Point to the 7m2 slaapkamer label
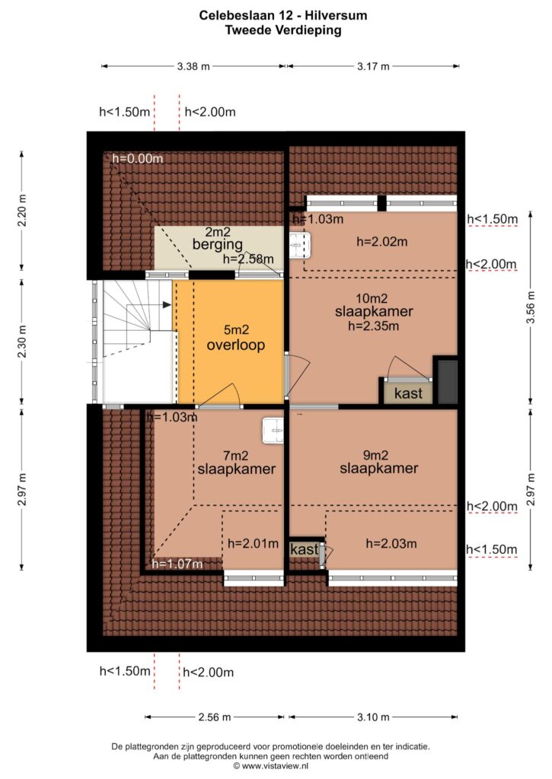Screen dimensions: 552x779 click(237, 463)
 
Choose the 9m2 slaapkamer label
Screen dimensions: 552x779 click(379, 462)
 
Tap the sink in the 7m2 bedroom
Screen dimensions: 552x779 click(273, 431)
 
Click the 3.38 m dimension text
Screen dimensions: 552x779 click(193, 66)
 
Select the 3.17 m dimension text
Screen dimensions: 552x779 click(373, 66)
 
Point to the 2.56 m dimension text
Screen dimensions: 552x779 click(215, 717)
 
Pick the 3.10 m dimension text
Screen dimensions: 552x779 click(373, 717)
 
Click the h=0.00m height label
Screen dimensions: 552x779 click(138, 158)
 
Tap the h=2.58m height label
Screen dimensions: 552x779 click(248, 259)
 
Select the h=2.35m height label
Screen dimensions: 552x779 click(374, 326)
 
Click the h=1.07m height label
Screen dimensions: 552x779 click(177, 564)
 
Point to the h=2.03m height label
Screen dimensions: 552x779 click(391, 543)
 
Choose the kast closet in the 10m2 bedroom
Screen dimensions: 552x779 click(408, 393)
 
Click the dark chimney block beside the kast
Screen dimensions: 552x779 click(447, 381)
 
